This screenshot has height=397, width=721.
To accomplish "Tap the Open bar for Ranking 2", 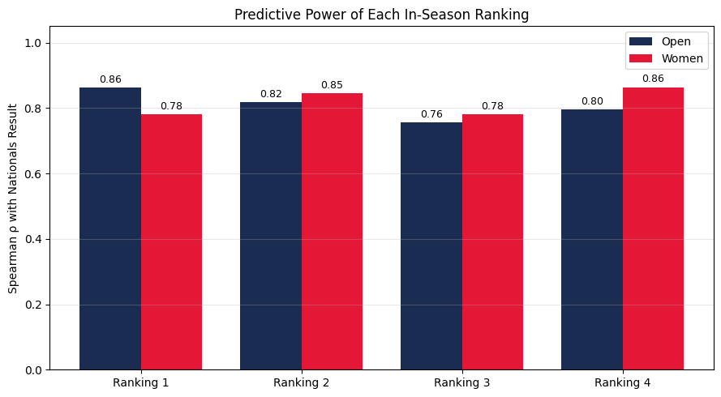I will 271,236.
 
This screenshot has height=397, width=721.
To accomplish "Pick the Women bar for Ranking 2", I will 332,231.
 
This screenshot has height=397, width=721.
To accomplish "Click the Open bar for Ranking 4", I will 592,239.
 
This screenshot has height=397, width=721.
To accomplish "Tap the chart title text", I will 381,15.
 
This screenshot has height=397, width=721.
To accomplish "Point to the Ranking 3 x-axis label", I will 461,382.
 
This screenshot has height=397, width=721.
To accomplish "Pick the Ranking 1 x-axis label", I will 140,382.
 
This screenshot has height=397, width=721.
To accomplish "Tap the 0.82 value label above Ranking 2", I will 271,94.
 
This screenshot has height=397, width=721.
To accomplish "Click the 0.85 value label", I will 332,85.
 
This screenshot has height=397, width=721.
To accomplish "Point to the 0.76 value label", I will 431,114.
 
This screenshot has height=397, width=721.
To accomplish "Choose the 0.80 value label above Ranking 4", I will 592,101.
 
